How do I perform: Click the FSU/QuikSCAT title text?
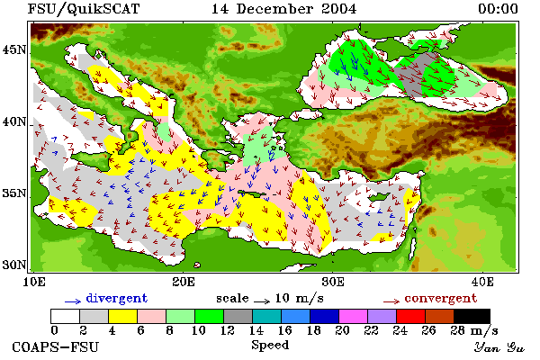click(84, 9)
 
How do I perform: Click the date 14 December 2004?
click(283, 9)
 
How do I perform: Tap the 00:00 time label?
click(498, 9)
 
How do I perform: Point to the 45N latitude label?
click(14, 50)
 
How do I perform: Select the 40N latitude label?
click(14, 121)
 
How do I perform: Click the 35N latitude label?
click(14, 193)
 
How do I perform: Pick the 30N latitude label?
click(14, 265)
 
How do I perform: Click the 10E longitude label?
click(33, 282)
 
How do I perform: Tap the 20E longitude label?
click(184, 282)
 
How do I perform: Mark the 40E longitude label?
click(482, 282)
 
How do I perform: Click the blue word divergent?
click(116, 298)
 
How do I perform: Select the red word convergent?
click(440, 298)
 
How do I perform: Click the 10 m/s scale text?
click(299, 298)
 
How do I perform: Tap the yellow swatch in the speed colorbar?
click(123, 316)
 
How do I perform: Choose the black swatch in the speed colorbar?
click(472, 316)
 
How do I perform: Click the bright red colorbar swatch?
click(411, 316)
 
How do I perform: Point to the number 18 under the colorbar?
click(313, 330)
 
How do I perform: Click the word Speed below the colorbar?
click(270, 346)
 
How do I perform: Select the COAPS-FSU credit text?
click(55, 346)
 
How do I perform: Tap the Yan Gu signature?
click(499, 347)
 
